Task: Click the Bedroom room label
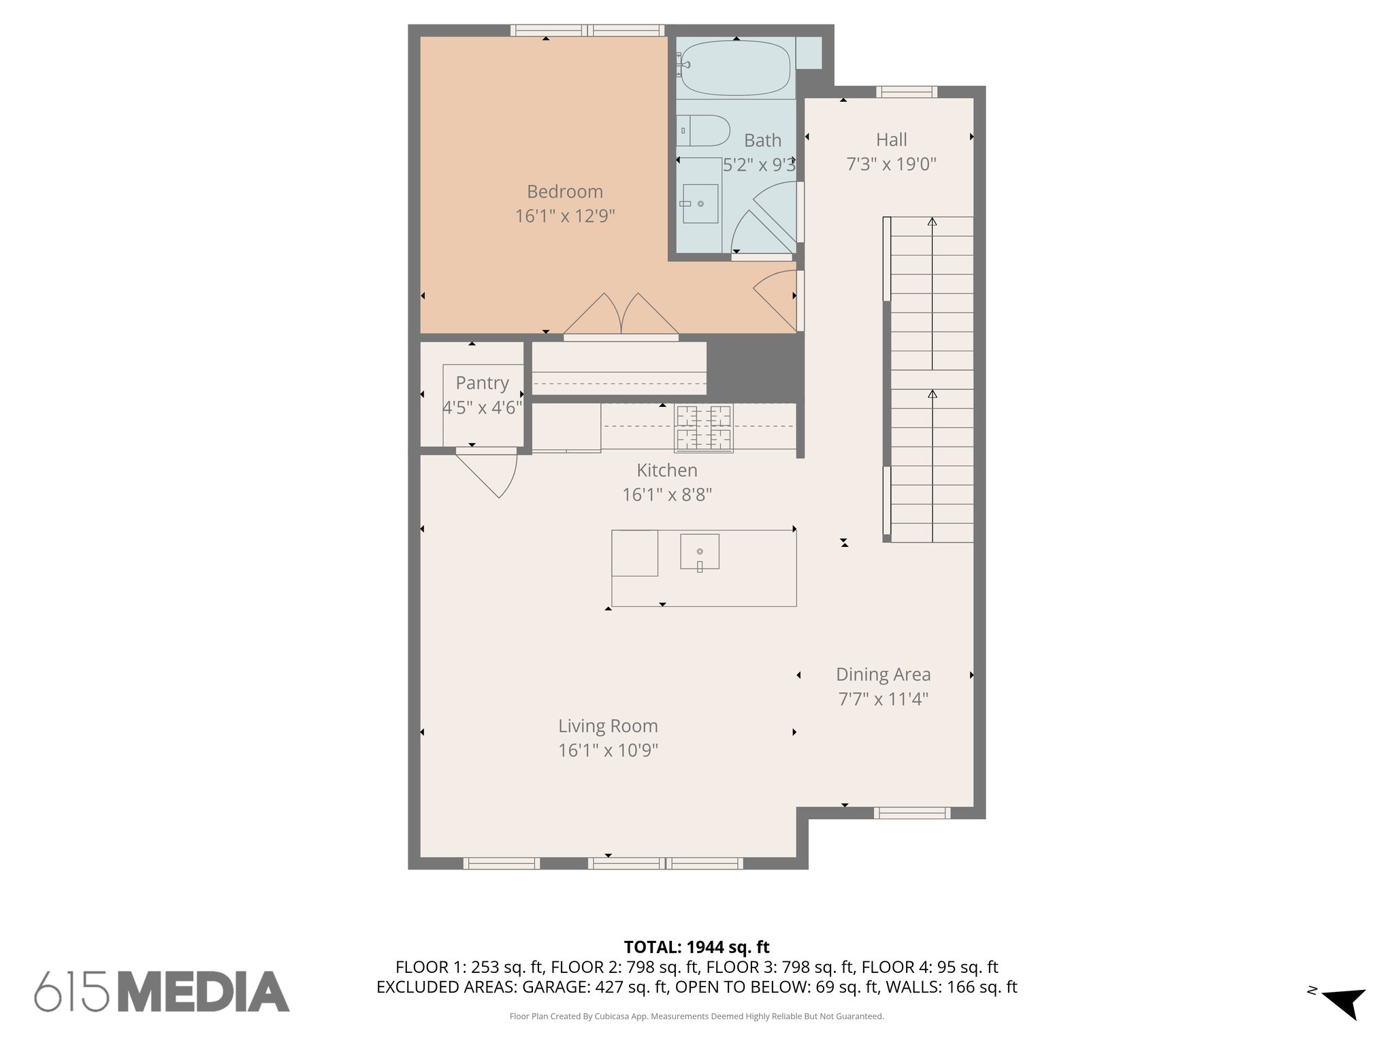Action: point(564,192)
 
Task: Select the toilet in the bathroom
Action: point(705,130)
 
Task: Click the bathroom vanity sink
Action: point(700,203)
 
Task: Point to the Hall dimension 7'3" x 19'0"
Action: point(891,164)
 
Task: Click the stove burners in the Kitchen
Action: point(703,428)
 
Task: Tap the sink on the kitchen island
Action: point(700,552)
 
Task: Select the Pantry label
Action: point(482,383)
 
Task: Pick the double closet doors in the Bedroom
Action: point(621,316)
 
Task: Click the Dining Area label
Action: point(883,674)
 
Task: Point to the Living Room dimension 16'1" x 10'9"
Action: point(608,750)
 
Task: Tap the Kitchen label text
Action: point(666,470)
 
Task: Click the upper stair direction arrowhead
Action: point(932,221)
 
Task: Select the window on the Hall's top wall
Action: point(906,92)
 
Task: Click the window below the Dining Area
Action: point(911,812)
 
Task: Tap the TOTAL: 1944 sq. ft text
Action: point(696,947)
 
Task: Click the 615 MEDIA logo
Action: point(162,991)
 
